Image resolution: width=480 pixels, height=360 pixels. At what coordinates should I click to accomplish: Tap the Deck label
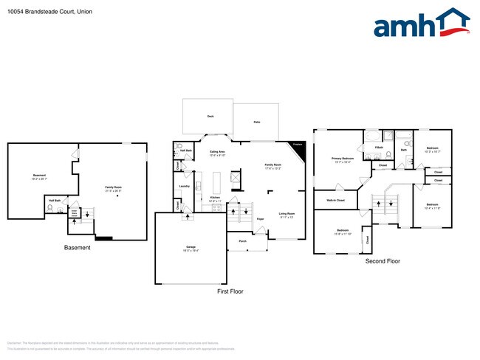click(x=210, y=116)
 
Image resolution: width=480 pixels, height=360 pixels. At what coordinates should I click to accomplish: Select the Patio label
click(x=256, y=122)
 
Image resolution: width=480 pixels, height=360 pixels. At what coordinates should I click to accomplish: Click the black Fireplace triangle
click(x=297, y=148)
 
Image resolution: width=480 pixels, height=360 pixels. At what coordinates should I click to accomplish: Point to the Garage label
click(x=190, y=247)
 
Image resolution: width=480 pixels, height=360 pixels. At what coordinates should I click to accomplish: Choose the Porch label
click(x=242, y=241)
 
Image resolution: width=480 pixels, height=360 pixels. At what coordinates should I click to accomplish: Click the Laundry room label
click(x=184, y=186)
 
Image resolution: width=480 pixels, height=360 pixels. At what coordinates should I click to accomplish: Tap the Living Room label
click(x=287, y=215)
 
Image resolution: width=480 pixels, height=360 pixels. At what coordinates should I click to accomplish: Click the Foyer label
click(x=260, y=219)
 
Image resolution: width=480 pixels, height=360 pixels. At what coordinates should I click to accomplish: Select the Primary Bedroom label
click(x=341, y=159)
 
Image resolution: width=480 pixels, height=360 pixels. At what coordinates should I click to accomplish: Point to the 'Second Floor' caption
click(x=383, y=261)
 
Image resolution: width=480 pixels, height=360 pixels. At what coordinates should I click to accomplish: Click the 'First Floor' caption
click(x=230, y=291)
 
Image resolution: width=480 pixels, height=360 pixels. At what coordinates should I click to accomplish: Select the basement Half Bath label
click(x=55, y=200)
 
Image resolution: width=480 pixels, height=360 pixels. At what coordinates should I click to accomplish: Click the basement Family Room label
click(x=113, y=187)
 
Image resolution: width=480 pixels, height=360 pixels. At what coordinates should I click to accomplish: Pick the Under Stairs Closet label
click(x=75, y=213)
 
